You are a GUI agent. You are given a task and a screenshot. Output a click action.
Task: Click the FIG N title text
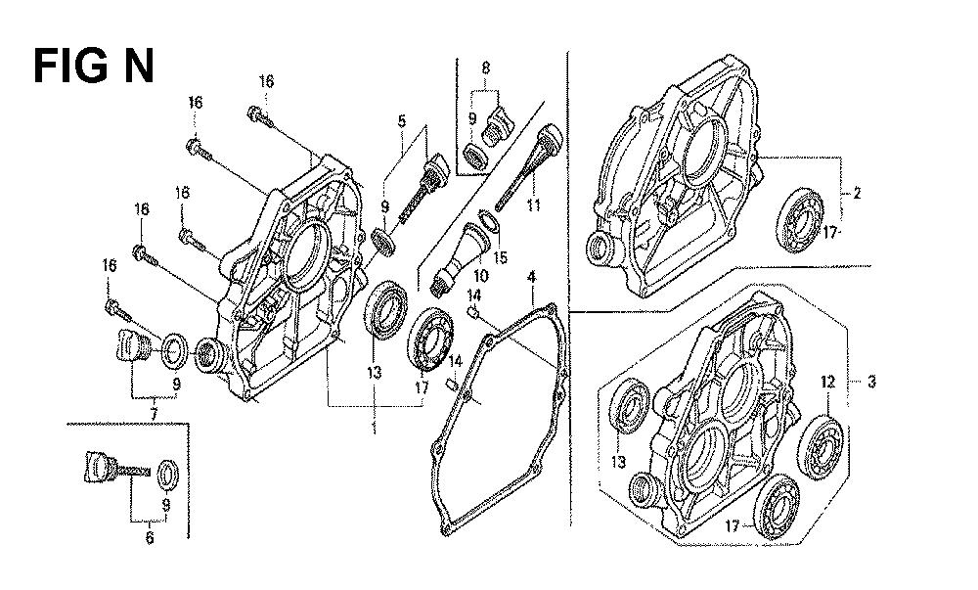coord(94,67)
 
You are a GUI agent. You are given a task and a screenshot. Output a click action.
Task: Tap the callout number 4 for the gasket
coord(531,277)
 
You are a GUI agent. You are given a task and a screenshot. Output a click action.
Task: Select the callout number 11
coord(533,206)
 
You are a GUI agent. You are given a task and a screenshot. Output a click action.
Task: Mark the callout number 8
coord(486,69)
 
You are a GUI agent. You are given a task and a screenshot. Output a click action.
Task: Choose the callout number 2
coord(856,193)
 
